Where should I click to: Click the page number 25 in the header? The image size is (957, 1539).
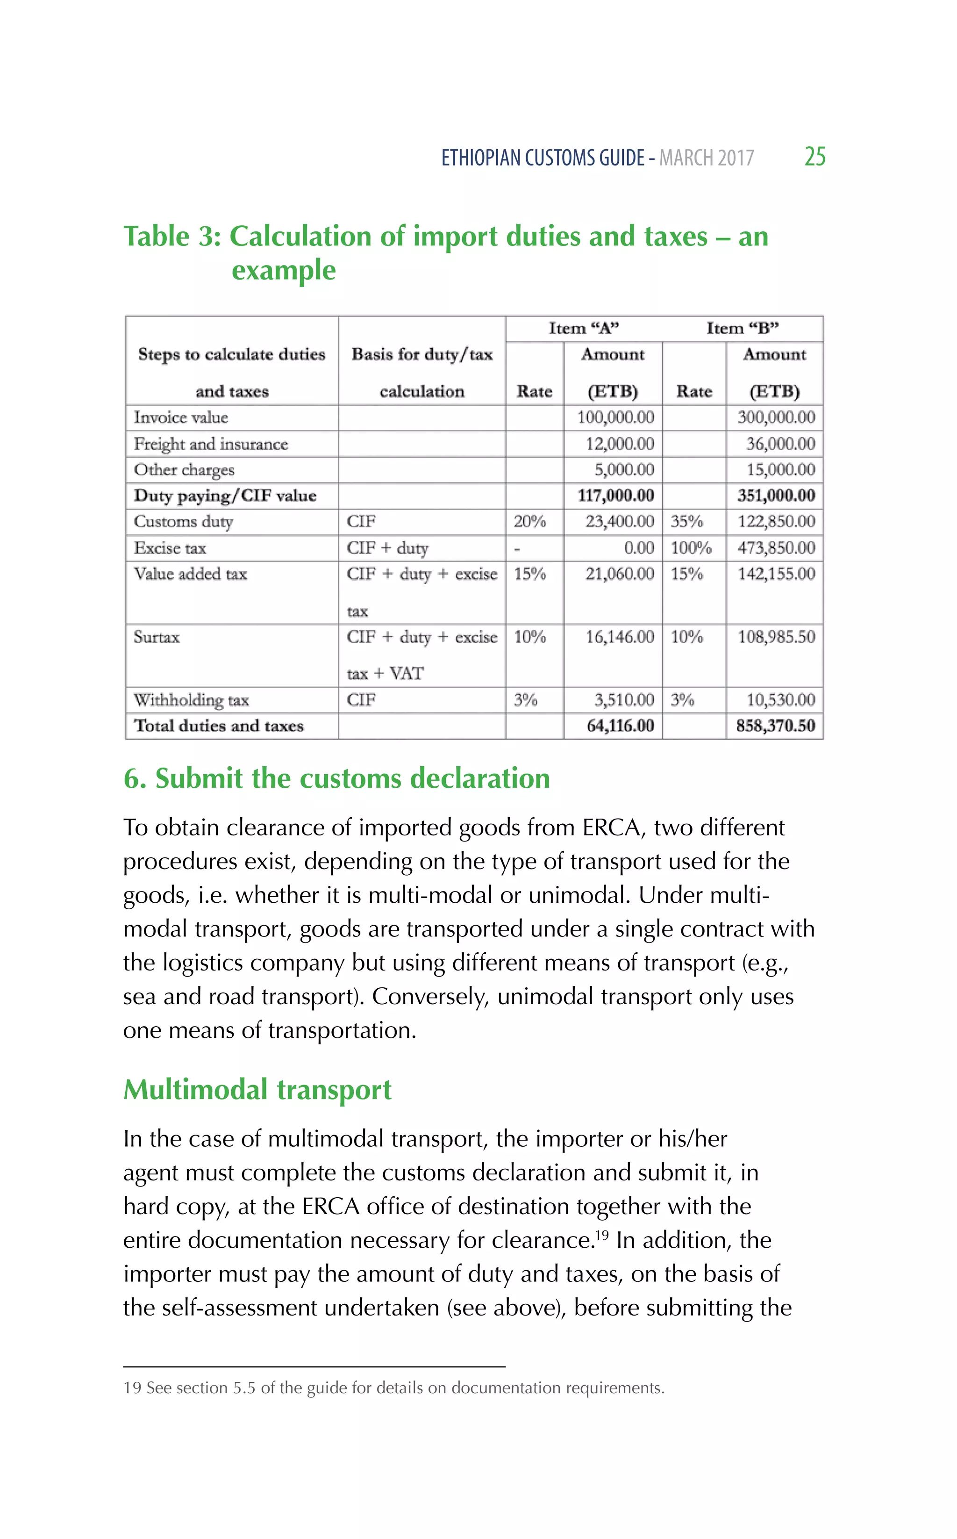(x=814, y=156)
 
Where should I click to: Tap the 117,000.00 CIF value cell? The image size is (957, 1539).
(x=615, y=495)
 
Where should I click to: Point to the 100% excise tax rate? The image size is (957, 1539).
(x=691, y=547)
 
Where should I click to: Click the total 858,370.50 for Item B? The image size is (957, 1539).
(x=775, y=726)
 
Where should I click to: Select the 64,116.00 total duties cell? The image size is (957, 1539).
(x=620, y=726)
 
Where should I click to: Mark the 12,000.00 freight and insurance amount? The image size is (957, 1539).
(x=619, y=444)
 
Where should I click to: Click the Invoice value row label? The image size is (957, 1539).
(x=181, y=418)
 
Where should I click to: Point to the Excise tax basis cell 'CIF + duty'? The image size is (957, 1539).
(x=387, y=547)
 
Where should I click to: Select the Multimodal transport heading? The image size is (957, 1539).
(x=257, y=1090)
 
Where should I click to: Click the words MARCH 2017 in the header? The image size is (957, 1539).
(x=707, y=158)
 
